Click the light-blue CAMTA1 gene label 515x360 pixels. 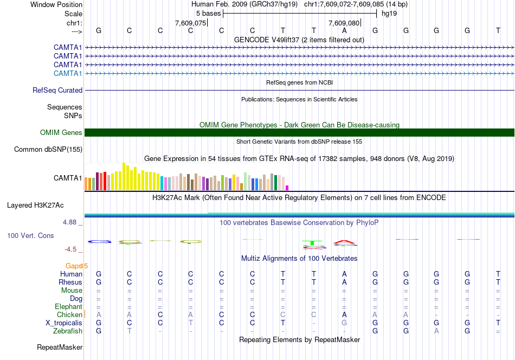point(68,73)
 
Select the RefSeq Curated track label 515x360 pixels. point(57,91)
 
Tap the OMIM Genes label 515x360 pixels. point(61,133)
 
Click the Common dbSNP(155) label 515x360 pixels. point(48,150)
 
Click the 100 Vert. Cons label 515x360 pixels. point(30,236)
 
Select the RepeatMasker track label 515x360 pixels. point(60,347)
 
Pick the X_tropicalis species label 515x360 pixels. point(64,323)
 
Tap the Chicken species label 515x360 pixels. point(69,314)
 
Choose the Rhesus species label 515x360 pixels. point(70,282)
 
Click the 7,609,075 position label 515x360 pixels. point(191,23)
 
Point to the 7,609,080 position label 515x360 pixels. point(344,23)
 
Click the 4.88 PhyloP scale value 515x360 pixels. point(73,222)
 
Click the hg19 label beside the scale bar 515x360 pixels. point(389,14)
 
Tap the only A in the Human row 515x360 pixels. point(344,274)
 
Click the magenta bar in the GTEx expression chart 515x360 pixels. point(287,188)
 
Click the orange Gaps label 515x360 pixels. point(75,266)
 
